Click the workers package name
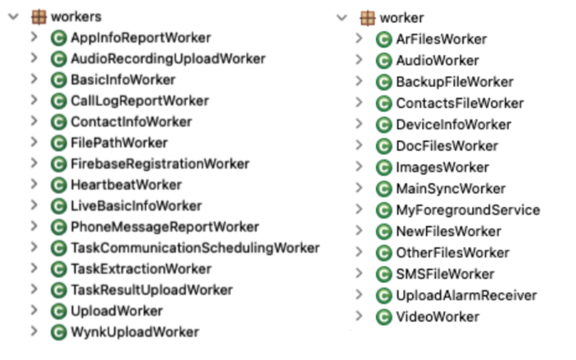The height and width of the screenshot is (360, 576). [77, 16]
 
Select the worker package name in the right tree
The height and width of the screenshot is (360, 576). [402, 17]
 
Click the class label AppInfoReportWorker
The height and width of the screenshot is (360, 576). [141, 38]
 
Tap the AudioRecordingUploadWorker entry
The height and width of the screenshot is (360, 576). [167, 59]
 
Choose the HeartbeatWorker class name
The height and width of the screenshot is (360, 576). [126, 185]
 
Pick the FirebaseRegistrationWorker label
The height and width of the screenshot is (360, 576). [160, 164]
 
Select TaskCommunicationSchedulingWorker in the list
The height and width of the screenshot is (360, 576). [195, 248]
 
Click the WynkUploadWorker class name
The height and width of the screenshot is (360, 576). [135, 332]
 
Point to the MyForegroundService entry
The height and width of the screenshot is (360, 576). [467, 210]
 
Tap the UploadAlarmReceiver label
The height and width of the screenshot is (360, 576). [466, 296]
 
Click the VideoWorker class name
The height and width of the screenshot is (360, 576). [437, 317]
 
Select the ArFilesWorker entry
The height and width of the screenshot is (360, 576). [441, 39]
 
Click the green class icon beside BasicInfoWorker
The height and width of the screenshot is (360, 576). [59, 80]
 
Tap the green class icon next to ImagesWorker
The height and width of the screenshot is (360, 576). [384, 168]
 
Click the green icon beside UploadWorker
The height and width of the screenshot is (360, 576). [59, 311]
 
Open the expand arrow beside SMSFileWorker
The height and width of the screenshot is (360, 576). [359, 274]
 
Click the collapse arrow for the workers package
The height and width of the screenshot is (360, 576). [12, 16]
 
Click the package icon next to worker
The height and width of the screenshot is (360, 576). [367, 17]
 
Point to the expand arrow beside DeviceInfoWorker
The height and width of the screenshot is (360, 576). [359, 125]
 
